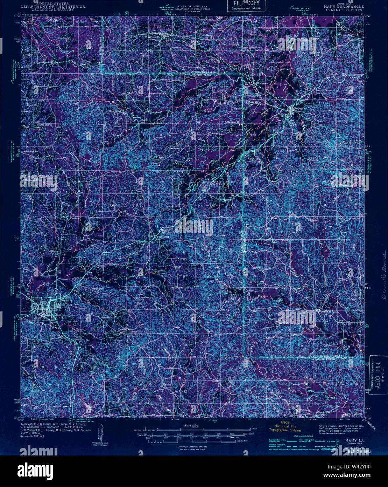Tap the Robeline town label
300,109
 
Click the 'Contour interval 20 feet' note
194,446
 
